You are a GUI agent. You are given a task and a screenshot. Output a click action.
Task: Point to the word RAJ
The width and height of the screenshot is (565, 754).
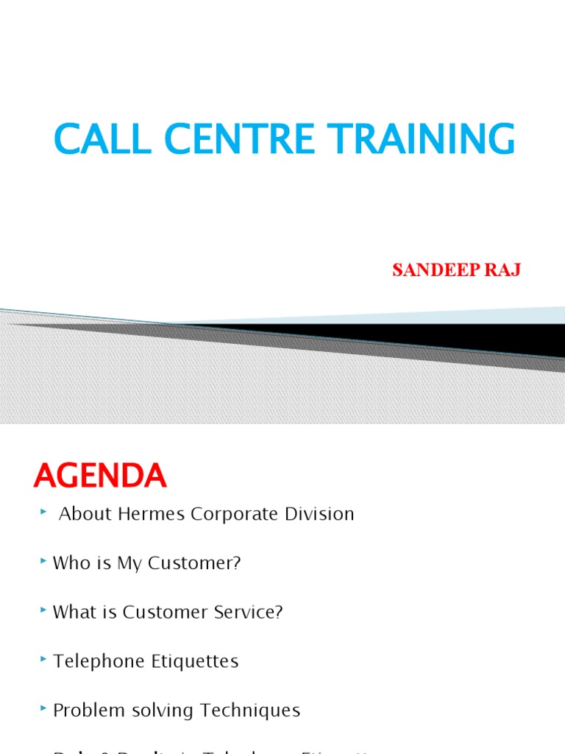pyautogui.click(x=505, y=270)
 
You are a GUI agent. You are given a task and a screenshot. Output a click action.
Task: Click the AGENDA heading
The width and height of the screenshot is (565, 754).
pyautogui.click(x=100, y=477)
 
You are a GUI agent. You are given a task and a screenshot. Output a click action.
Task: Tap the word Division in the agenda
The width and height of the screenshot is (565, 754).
pyautogui.click(x=320, y=514)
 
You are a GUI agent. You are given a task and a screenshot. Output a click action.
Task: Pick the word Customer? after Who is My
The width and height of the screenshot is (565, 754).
pyautogui.click(x=194, y=563)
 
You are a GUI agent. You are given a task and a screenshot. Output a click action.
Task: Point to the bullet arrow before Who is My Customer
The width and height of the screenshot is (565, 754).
pyautogui.click(x=46, y=563)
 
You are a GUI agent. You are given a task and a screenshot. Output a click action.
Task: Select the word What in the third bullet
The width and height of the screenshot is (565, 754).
pyautogui.click(x=72, y=613)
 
